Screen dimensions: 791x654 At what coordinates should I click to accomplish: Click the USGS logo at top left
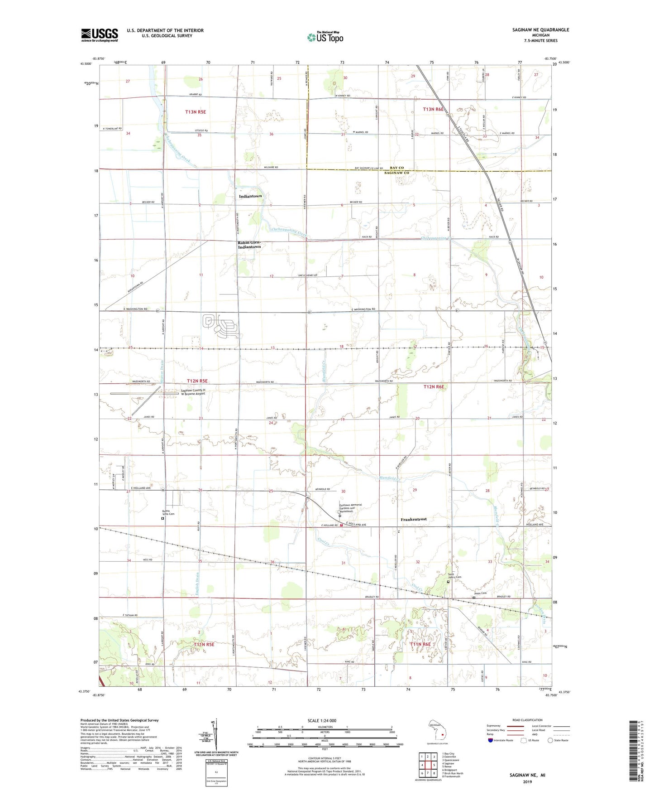coord(99,35)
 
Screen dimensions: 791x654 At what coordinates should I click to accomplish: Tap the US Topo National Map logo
coord(325,37)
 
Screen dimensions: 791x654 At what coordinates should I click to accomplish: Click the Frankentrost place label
coord(414,519)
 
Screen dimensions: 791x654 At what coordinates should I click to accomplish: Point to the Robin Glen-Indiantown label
coord(249,245)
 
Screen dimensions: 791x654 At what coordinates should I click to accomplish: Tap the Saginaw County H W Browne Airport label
coord(193,392)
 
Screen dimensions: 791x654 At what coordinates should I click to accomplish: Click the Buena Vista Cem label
coord(168,513)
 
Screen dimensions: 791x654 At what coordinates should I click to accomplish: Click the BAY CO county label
coord(396,168)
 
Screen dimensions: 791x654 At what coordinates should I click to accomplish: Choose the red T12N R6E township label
coord(434,386)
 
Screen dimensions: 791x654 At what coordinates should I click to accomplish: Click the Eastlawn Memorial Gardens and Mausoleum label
coord(351,507)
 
